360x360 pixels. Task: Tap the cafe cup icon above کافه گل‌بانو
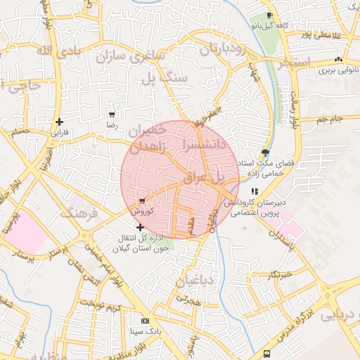(x=269, y=15)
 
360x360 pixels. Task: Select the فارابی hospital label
(x=59, y=131)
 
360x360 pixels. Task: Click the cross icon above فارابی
(x=59, y=122)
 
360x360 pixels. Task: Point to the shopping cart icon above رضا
(x=112, y=114)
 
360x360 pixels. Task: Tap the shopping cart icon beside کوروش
(x=142, y=200)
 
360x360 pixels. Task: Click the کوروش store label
(x=139, y=210)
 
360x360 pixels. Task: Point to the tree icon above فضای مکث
(x=265, y=153)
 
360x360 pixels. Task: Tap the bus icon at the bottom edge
(x=266, y=354)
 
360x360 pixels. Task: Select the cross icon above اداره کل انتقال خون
(x=141, y=227)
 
